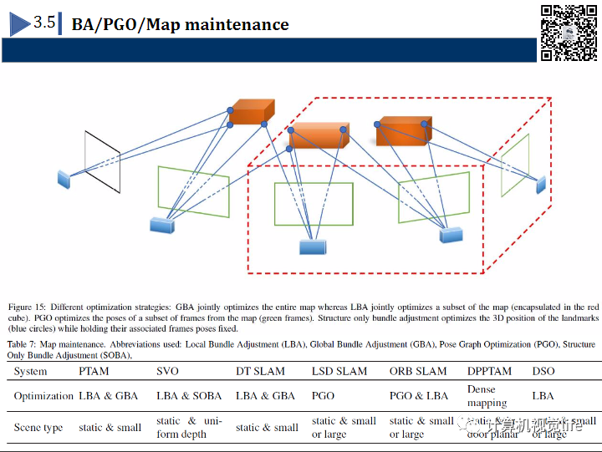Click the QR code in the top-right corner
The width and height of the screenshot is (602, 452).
click(x=569, y=32)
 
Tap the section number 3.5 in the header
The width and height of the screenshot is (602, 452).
click(x=44, y=23)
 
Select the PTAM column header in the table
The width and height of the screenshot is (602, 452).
click(x=94, y=371)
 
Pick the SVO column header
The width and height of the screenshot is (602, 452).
click(x=167, y=371)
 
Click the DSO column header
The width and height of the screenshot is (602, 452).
click(x=543, y=371)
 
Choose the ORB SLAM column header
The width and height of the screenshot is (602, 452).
click(x=418, y=371)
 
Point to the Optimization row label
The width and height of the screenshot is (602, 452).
click(x=43, y=395)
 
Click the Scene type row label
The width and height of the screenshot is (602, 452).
click(x=38, y=427)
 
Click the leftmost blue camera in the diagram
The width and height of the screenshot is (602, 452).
click(x=64, y=178)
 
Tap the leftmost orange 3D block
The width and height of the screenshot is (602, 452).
click(x=253, y=114)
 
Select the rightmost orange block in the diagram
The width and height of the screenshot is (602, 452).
click(x=403, y=130)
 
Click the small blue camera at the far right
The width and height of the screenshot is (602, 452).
click(x=540, y=183)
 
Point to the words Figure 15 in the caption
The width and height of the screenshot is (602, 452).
click(x=26, y=307)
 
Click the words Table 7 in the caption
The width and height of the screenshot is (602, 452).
click(x=23, y=344)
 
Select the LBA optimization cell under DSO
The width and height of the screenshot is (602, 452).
click(x=543, y=395)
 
